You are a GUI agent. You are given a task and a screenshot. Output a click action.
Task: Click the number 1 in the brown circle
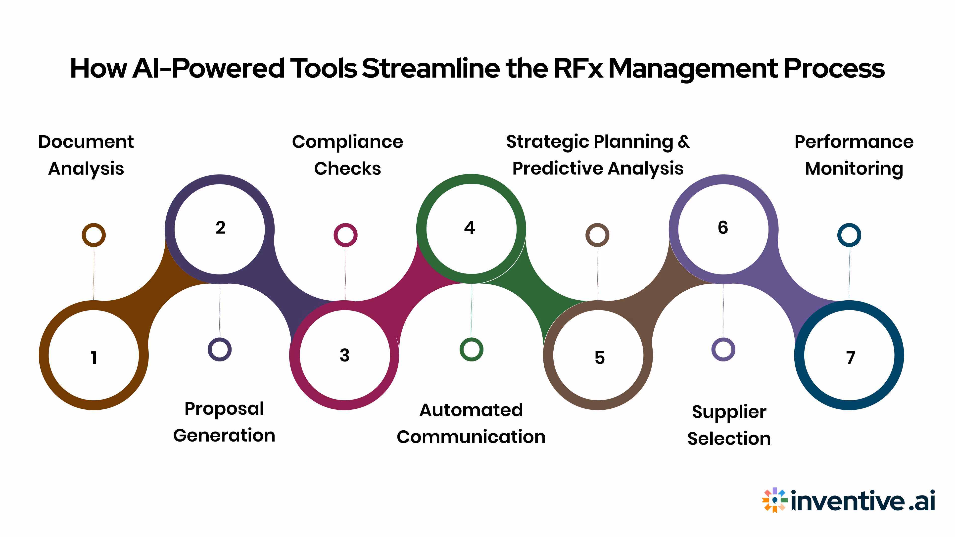pyautogui.click(x=94, y=358)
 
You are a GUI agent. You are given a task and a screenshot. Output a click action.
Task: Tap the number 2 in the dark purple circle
pyautogui.click(x=220, y=227)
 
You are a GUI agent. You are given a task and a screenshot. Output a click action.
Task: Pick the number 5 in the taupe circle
pyautogui.click(x=599, y=358)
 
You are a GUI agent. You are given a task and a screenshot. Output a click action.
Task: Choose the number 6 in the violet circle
pyautogui.click(x=722, y=227)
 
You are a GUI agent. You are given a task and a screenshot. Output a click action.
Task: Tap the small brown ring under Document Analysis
pyautogui.click(x=94, y=235)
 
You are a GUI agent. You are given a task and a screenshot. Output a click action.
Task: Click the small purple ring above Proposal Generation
pyautogui.click(x=219, y=350)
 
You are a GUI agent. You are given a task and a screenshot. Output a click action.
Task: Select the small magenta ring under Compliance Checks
pyautogui.click(x=345, y=235)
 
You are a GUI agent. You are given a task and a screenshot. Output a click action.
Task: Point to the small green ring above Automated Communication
pyautogui.click(x=471, y=350)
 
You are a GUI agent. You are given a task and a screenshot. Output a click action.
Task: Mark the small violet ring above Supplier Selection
pyautogui.click(x=723, y=350)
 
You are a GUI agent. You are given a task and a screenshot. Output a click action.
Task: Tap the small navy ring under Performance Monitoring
pyautogui.click(x=849, y=235)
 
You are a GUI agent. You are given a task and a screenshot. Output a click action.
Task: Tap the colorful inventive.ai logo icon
pyautogui.click(x=774, y=500)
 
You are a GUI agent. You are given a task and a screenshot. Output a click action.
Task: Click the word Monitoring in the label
pyautogui.click(x=854, y=169)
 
